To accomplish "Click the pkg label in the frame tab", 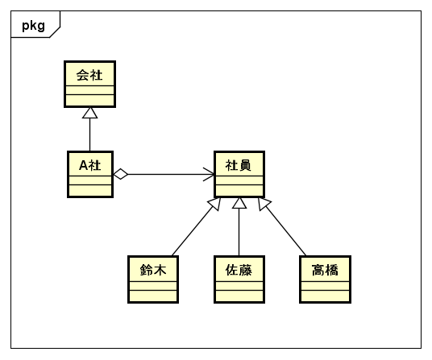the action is tap(33, 26).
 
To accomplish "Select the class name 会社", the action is tap(89, 75).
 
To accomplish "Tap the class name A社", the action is tap(89, 165).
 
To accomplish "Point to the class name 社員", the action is tap(239, 165).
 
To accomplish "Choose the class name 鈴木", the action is tap(153, 270).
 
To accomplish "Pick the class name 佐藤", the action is tap(239, 270).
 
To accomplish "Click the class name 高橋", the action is tap(325, 270).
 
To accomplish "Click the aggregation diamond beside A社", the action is tap(121, 174).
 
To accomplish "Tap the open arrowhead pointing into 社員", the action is tap(209, 174).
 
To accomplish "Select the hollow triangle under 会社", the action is tap(89, 113).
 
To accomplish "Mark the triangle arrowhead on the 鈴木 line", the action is tap(215, 204).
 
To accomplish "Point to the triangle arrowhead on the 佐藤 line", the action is tap(239, 203).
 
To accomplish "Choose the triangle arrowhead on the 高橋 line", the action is tap(264, 204).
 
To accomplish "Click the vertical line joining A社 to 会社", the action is tap(89, 134).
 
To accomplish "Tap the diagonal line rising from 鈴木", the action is tap(193, 230).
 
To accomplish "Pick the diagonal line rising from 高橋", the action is tap(285, 230).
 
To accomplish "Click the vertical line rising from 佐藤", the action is tap(239, 232).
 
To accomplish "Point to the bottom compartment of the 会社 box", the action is tap(89, 100).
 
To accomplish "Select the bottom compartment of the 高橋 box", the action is tap(325, 296).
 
